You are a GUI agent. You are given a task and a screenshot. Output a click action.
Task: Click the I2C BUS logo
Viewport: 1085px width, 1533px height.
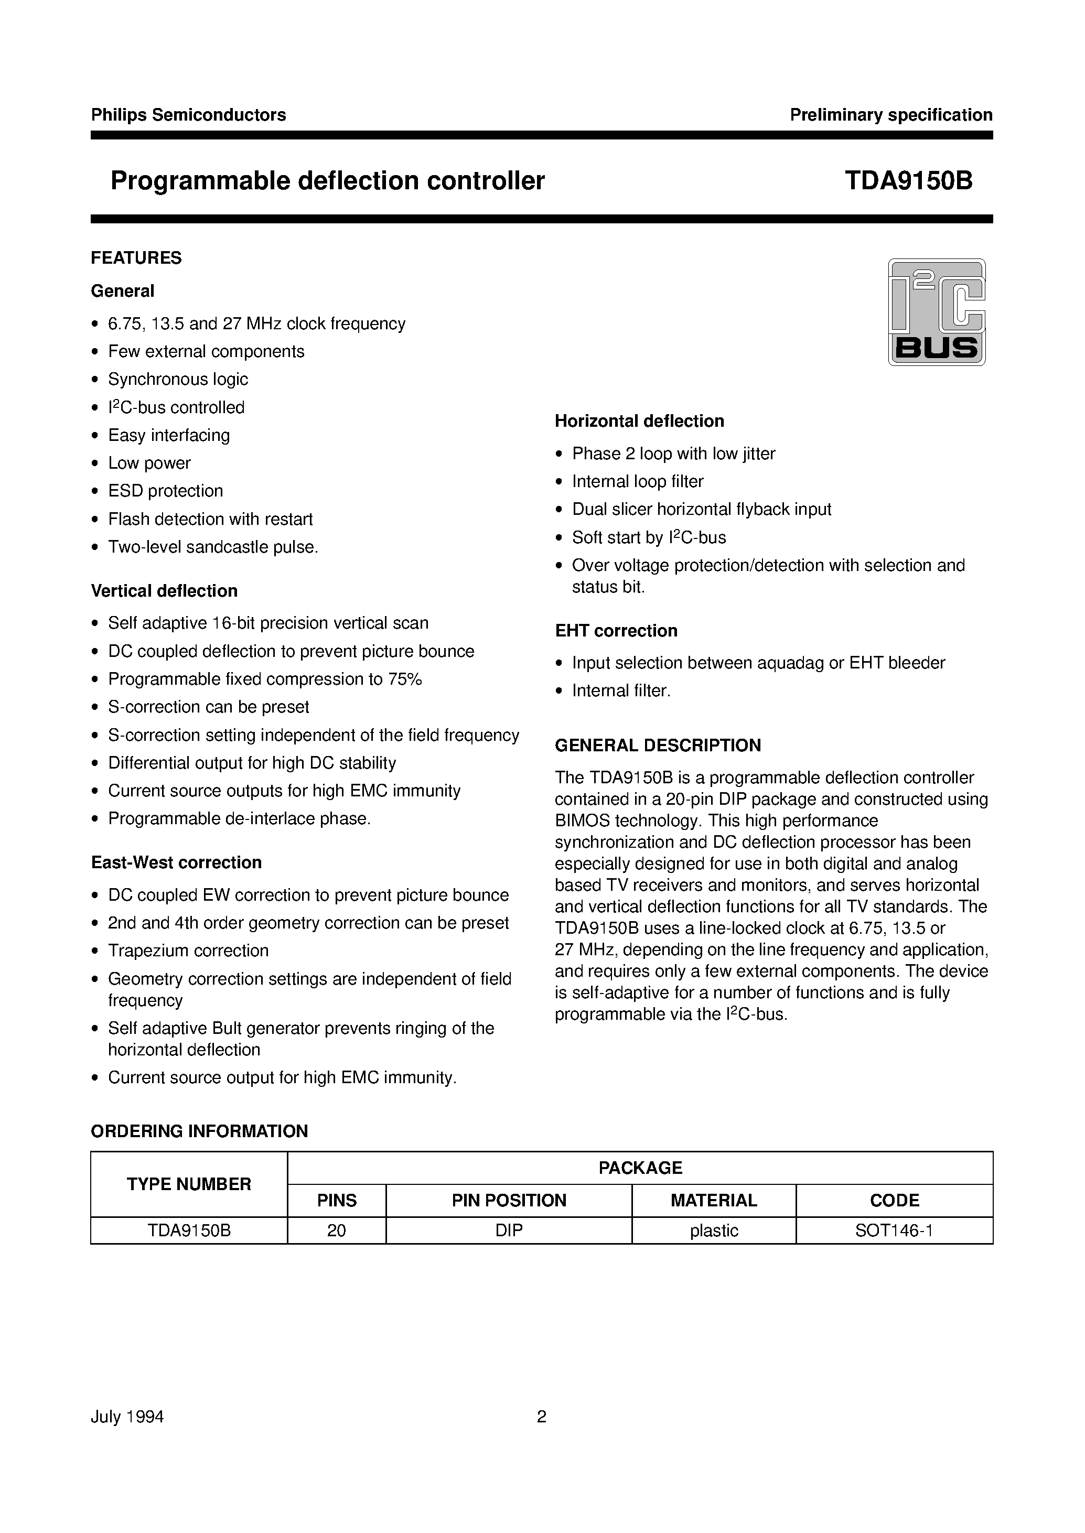(936, 312)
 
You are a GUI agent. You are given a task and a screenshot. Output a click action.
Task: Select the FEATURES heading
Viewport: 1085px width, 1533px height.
(136, 258)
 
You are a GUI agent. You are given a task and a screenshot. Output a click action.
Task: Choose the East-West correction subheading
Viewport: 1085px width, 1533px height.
(176, 862)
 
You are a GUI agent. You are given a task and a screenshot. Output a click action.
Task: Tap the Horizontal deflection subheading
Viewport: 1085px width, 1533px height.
(639, 421)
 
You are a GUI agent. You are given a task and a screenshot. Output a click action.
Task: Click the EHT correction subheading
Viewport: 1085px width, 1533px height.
(616, 631)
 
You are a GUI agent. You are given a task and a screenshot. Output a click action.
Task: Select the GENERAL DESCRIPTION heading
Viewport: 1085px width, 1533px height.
(658, 745)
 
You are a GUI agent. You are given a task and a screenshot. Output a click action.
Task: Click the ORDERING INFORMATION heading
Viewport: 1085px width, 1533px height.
(199, 1131)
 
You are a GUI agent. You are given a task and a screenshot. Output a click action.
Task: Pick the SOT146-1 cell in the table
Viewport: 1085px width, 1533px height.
(894, 1230)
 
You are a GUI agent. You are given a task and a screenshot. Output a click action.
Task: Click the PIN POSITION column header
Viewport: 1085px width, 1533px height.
(509, 1201)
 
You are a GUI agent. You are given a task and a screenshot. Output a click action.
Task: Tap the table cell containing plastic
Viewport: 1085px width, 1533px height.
(714, 1230)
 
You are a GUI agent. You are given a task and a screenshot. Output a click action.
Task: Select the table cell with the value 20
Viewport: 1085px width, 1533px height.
(336, 1230)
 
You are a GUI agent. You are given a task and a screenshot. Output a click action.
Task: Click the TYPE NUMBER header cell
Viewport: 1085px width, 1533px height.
(189, 1184)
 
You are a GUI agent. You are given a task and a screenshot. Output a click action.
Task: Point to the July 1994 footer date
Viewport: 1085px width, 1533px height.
(127, 1417)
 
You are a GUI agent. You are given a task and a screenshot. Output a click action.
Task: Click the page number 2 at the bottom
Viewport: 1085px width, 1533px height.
(542, 1417)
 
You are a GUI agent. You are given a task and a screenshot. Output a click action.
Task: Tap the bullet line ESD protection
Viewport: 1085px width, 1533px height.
(165, 491)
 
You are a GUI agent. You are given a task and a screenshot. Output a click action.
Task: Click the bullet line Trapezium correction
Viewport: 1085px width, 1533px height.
(188, 951)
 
